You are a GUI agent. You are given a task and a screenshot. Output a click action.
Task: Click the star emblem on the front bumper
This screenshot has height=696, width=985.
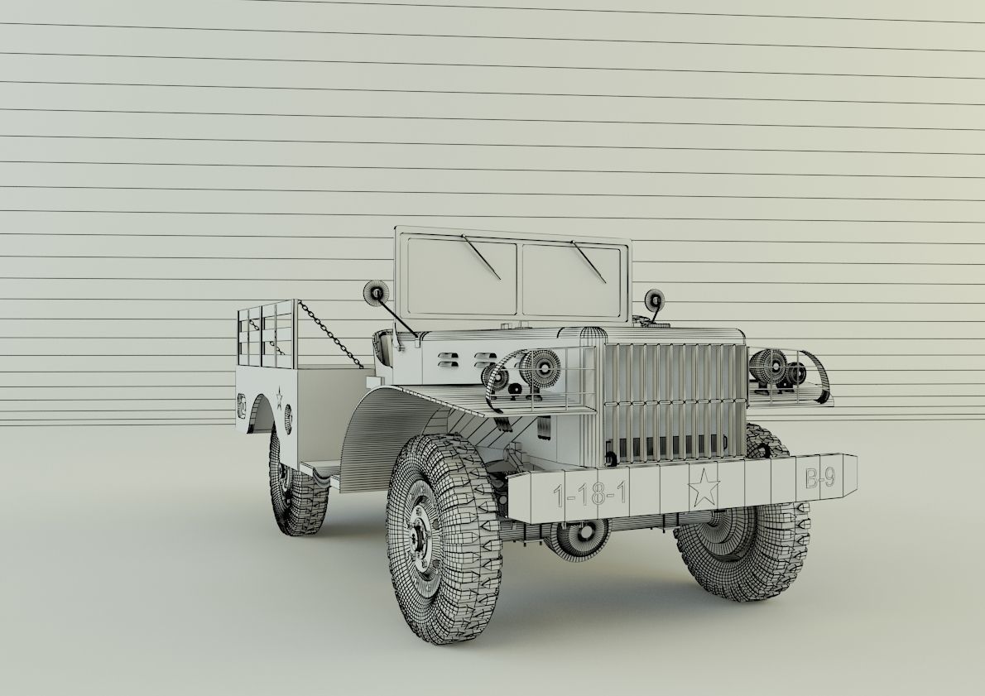click(x=704, y=488)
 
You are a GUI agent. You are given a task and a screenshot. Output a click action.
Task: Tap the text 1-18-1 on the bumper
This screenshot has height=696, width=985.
click(x=590, y=495)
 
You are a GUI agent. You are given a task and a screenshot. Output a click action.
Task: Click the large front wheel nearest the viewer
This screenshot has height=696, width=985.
click(x=444, y=537)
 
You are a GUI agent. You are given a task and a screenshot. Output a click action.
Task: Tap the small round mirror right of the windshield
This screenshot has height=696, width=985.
click(x=656, y=300)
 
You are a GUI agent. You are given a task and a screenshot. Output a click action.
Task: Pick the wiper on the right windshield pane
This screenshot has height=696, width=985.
click(x=590, y=260)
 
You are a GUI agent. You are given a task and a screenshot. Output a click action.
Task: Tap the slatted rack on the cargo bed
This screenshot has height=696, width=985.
click(x=265, y=334)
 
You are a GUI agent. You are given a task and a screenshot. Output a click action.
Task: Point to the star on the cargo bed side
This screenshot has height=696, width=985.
click(x=281, y=396)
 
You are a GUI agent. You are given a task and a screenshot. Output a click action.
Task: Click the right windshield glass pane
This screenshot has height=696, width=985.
click(x=571, y=280)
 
